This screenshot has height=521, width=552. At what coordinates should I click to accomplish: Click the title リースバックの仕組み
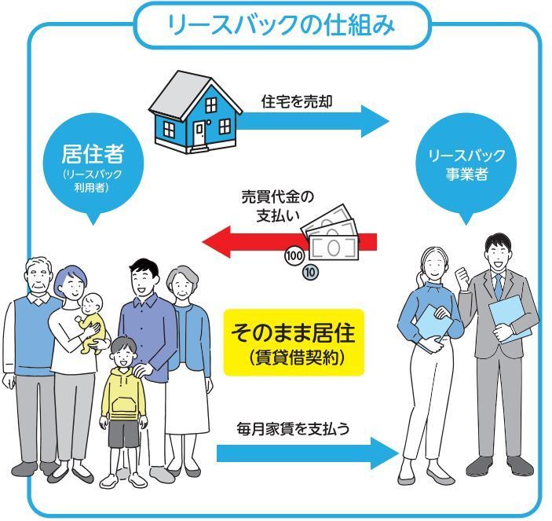pyautogui.click(x=282, y=25)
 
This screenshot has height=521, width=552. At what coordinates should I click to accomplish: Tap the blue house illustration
pyautogui.click(x=196, y=112)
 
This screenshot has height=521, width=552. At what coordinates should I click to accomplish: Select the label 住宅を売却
pyautogui.click(x=297, y=101)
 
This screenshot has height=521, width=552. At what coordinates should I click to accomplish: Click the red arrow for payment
pyautogui.click(x=290, y=242)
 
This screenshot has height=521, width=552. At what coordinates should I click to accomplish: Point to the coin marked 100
pyautogui.click(x=294, y=255)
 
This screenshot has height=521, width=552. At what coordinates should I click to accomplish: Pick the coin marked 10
pyautogui.click(x=310, y=273)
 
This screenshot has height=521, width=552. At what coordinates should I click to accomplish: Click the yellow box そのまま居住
pyautogui.click(x=294, y=343)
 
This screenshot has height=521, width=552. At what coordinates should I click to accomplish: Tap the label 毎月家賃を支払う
pyautogui.click(x=293, y=429)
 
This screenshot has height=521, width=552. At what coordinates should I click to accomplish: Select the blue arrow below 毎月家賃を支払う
pyautogui.click(x=307, y=453)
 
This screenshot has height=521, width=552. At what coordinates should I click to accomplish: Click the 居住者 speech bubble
pyautogui.click(x=93, y=166)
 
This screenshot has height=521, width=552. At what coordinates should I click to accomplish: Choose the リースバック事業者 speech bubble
pyautogui.click(x=466, y=166)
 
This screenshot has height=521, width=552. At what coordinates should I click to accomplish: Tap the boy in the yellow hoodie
pyautogui.click(x=122, y=411)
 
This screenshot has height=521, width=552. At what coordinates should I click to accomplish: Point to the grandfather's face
pyautogui.click(x=38, y=279)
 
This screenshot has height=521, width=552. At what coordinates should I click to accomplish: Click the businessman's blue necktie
pyautogui.click(x=498, y=286)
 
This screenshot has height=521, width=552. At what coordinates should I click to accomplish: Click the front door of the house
pyautogui.click(x=199, y=133)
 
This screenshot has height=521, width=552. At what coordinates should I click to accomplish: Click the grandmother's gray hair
pyautogui.click(x=182, y=277)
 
